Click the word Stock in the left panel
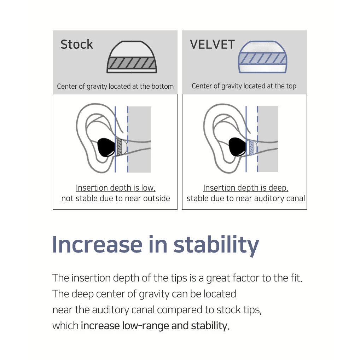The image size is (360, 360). (x=77, y=44)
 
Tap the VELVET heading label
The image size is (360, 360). (x=212, y=44)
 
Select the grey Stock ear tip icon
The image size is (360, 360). (x=132, y=57)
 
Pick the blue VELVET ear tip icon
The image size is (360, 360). (x=263, y=57)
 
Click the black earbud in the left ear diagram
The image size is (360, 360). (x=106, y=147)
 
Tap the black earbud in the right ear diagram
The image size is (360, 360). (x=237, y=147)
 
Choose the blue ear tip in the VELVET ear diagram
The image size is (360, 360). (x=252, y=147)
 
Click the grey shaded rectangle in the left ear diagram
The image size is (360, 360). (x=139, y=139)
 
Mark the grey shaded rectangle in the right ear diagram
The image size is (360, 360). (x=268, y=139)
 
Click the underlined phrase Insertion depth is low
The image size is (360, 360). (x=116, y=188)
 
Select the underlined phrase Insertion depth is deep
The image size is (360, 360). (x=246, y=188)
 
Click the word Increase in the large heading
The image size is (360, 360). (x=97, y=245)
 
